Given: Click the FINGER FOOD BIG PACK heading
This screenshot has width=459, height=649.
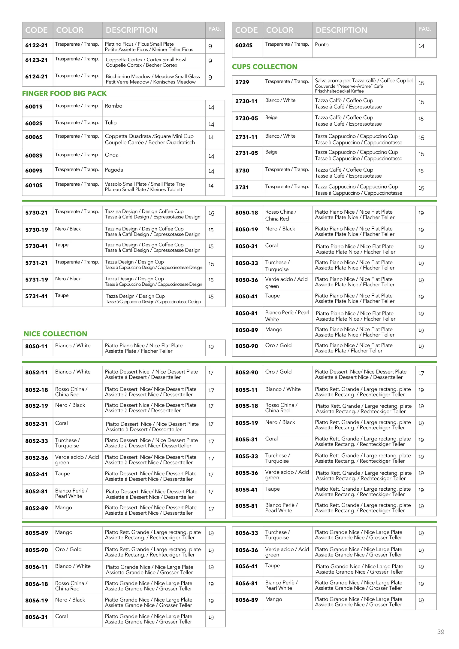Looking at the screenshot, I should (64, 93).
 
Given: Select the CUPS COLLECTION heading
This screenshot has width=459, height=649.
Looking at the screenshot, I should (264, 67).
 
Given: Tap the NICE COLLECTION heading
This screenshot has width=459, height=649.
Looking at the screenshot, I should (55, 334).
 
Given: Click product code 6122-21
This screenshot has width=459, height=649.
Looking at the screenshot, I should (36, 45).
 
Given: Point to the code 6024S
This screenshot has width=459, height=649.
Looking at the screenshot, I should (244, 45).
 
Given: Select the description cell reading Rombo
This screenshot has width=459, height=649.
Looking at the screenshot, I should (113, 106).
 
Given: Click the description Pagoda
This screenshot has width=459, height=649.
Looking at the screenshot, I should (114, 170).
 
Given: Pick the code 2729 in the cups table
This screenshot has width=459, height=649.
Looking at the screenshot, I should (242, 82).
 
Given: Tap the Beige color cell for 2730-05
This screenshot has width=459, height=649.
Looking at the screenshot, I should (271, 117).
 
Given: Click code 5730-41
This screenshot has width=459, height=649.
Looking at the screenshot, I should (36, 246).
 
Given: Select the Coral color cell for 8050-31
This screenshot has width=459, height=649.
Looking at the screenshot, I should (271, 245).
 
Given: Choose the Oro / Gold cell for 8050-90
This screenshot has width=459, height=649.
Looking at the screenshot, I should (278, 345).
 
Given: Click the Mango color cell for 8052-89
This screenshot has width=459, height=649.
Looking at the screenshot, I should (63, 507).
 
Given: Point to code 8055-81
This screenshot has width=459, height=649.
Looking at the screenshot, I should (246, 506).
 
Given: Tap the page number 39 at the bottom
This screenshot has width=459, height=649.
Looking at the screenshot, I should (440, 632).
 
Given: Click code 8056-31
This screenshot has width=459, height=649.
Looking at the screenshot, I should (36, 617).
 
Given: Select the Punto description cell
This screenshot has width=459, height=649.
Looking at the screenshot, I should (322, 44).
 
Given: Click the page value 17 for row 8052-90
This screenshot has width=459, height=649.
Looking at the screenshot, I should (421, 373).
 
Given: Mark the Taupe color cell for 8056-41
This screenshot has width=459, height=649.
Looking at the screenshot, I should (272, 565).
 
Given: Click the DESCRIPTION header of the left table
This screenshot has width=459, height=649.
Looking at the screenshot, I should (131, 30).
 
